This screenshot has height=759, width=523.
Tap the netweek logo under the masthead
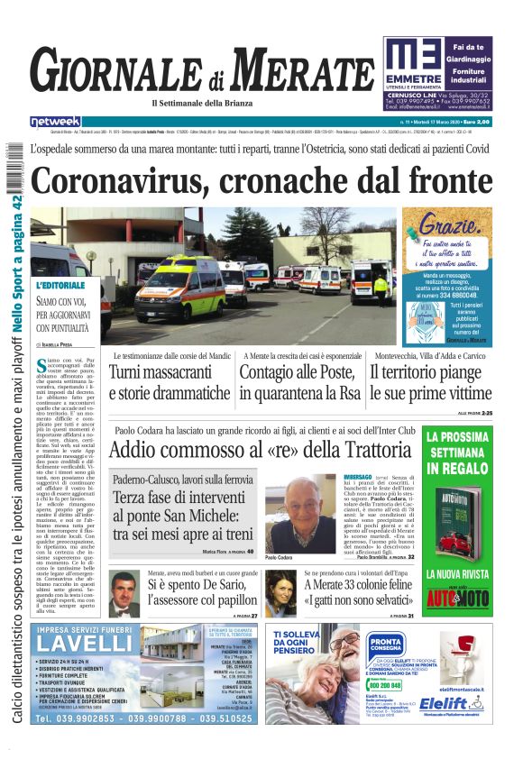pos(55,122)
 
